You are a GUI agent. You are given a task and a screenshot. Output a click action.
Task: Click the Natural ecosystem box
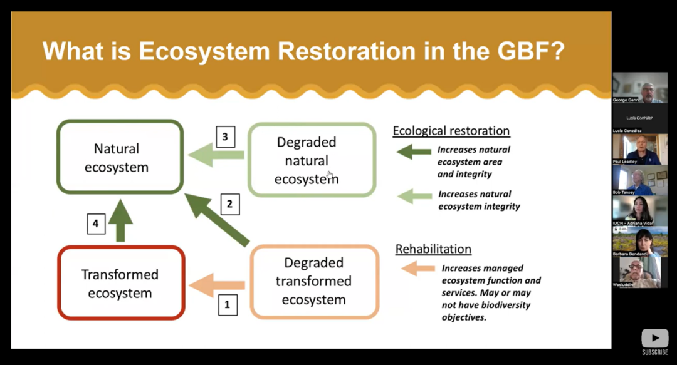(120, 157)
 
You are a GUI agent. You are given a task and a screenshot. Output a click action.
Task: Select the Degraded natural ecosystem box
(312, 160)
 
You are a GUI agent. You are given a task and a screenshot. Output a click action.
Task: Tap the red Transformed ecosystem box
(121, 283)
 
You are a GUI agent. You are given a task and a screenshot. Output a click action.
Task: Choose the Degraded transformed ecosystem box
(314, 282)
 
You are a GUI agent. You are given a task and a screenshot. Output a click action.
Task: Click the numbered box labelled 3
(225, 137)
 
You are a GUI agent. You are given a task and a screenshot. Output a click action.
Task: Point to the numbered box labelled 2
(229, 204)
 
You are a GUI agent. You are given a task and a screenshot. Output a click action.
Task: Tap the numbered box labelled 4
(96, 223)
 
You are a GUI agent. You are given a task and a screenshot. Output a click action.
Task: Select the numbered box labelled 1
(227, 305)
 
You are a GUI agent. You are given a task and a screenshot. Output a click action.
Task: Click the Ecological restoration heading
(451, 131)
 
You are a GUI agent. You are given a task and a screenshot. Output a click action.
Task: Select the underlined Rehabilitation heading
(433, 249)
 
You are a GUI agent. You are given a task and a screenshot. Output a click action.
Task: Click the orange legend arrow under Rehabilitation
(417, 269)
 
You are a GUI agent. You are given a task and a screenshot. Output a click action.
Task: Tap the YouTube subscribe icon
(654, 339)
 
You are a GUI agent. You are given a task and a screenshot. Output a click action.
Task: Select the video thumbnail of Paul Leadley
(640, 148)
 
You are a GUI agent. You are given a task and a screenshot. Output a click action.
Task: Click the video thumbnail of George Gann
(640, 87)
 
